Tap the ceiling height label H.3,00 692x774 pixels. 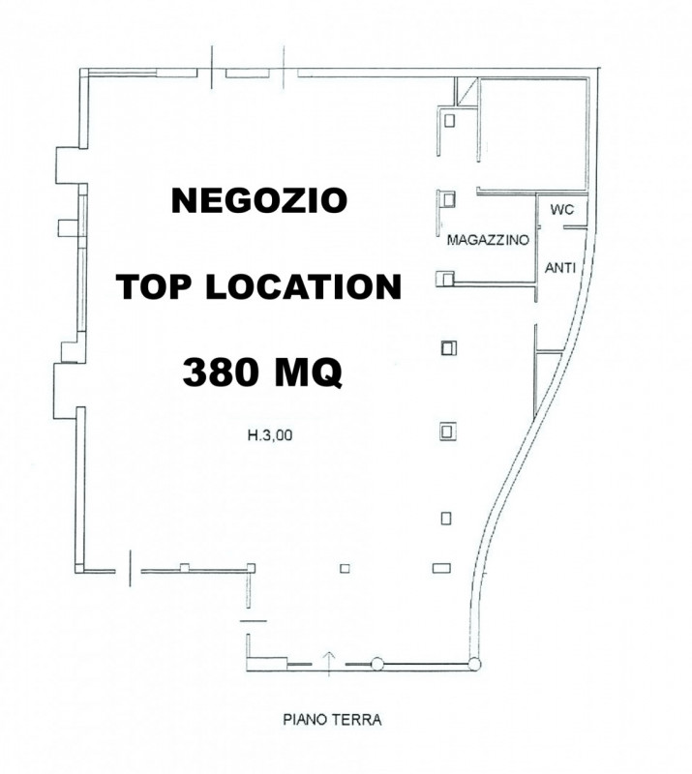tap(270, 436)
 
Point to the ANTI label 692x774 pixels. tap(562, 270)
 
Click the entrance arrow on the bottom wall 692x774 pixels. tap(329, 660)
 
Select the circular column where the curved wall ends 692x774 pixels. tap(474, 664)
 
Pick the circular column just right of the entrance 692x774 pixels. tap(378, 664)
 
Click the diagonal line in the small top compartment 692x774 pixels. tap(466, 92)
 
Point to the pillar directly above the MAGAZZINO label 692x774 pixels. tap(448, 198)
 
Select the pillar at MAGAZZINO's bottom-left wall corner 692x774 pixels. tap(443, 280)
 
